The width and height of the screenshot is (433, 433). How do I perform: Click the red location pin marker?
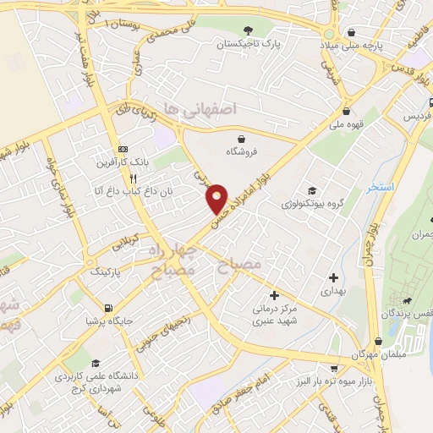point(217,198)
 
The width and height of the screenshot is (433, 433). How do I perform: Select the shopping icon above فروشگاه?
point(243,139)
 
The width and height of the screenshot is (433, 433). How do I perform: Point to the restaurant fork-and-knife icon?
point(132,178)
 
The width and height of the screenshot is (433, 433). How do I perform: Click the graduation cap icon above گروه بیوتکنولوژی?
point(312,191)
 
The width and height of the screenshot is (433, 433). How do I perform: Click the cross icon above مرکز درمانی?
point(273,295)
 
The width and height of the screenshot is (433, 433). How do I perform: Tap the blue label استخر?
point(381,188)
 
